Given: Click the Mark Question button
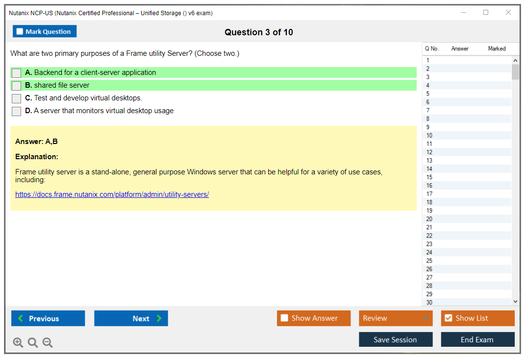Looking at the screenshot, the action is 45,31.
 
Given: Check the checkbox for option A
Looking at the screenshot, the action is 17,73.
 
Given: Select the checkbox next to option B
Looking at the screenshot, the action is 17,86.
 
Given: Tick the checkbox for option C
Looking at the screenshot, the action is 17,98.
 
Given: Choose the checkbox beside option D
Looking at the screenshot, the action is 17,111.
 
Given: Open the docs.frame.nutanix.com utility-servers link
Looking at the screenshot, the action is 112,194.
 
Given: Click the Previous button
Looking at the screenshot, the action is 48,318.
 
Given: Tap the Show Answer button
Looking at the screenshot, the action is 314,318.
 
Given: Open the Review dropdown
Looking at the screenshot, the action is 396,318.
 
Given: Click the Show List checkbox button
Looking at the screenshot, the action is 477,318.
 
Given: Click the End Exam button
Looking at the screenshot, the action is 477,339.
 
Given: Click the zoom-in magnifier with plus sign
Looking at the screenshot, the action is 18,342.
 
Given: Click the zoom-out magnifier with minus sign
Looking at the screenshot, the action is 48,342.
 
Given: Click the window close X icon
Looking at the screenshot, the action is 508,12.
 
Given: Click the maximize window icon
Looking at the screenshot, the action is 486,12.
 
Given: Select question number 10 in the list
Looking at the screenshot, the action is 429,136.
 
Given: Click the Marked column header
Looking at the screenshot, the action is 497,48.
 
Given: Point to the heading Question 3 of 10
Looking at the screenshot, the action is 259,32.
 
